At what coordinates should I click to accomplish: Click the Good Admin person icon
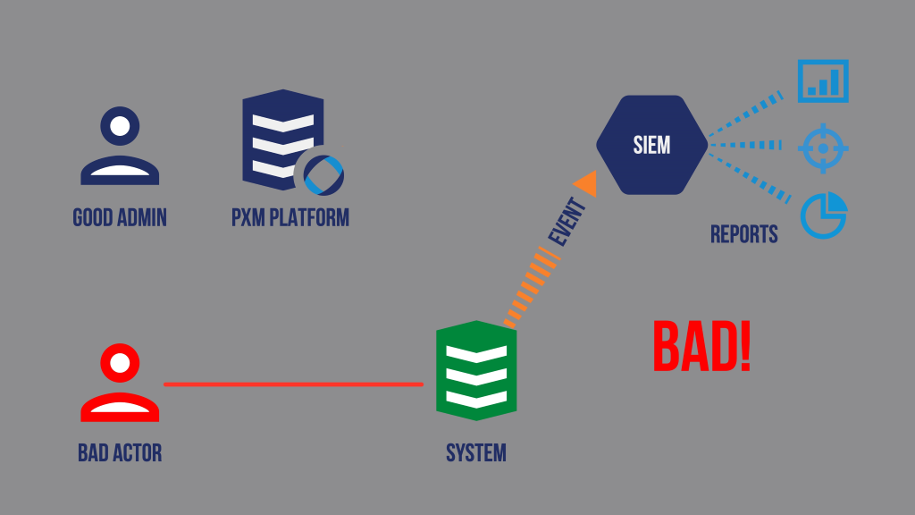[120, 146]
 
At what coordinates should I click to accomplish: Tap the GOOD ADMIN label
[120, 217]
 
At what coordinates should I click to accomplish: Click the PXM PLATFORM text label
[290, 217]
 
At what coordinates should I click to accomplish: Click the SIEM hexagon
[651, 145]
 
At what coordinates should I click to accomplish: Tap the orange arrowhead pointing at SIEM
[587, 183]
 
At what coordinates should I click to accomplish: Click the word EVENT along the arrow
[567, 224]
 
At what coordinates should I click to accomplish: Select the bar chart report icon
[822, 81]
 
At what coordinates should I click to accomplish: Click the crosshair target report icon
[822, 148]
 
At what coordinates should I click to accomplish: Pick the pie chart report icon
[823, 215]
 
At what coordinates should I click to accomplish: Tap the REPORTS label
[744, 234]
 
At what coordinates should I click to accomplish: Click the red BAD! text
[701, 347]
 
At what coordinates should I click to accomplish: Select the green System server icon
[476, 370]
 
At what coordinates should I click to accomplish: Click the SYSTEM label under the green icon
[476, 453]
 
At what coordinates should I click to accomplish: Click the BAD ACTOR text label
[120, 453]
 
